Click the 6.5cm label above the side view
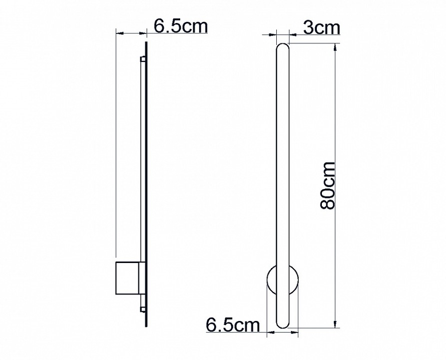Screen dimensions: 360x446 click(180, 26)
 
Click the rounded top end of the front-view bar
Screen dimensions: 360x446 click(282, 47)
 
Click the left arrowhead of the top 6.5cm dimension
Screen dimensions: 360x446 click(119, 33)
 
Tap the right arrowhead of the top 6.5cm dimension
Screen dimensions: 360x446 click(144, 33)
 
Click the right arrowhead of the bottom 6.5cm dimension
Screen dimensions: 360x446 click(295, 331)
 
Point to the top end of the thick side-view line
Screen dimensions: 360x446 click(147, 43)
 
